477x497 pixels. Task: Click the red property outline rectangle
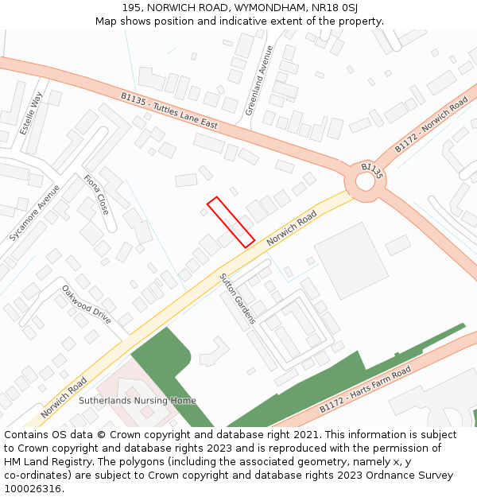pos(231,221)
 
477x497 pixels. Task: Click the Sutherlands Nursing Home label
pos(138,401)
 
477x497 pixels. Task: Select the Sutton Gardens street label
pos(237,298)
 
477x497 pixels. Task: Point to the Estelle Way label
pos(32,112)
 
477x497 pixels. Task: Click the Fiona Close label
pos(96,195)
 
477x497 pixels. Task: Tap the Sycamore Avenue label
pos(34,213)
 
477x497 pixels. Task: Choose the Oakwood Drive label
pos(87,304)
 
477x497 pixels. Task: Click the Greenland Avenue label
pos(258,80)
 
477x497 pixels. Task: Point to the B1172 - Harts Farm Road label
pos(366,390)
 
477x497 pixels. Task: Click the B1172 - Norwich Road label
pos(431,126)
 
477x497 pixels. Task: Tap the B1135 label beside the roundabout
pos(372,169)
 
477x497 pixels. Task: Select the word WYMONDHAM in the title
pos(268,7)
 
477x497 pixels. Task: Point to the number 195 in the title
pos(132,7)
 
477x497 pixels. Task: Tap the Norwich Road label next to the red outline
pos(292,227)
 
